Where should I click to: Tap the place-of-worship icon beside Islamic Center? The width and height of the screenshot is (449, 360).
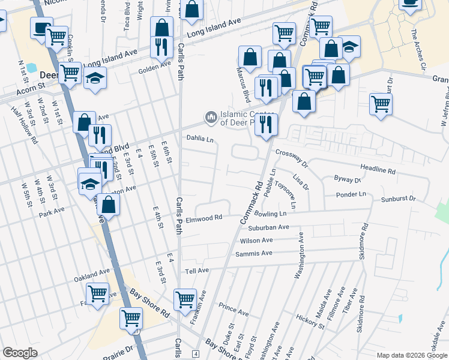(x=211, y=116)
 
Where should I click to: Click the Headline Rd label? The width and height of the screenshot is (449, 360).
(x=378, y=170)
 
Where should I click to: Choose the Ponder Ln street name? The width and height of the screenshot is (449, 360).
(x=351, y=194)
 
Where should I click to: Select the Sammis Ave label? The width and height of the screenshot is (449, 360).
(x=255, y=254)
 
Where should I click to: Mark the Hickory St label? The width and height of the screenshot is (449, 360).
(x=310, y=322)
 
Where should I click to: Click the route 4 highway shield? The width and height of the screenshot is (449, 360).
(x=196, y=354)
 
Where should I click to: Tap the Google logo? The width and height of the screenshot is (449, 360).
(x=20, y=353)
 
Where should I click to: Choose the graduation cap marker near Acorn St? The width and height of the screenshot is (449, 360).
(x=95, y=79)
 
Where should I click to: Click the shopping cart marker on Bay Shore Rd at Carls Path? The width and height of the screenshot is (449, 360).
(x=185, y=298)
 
